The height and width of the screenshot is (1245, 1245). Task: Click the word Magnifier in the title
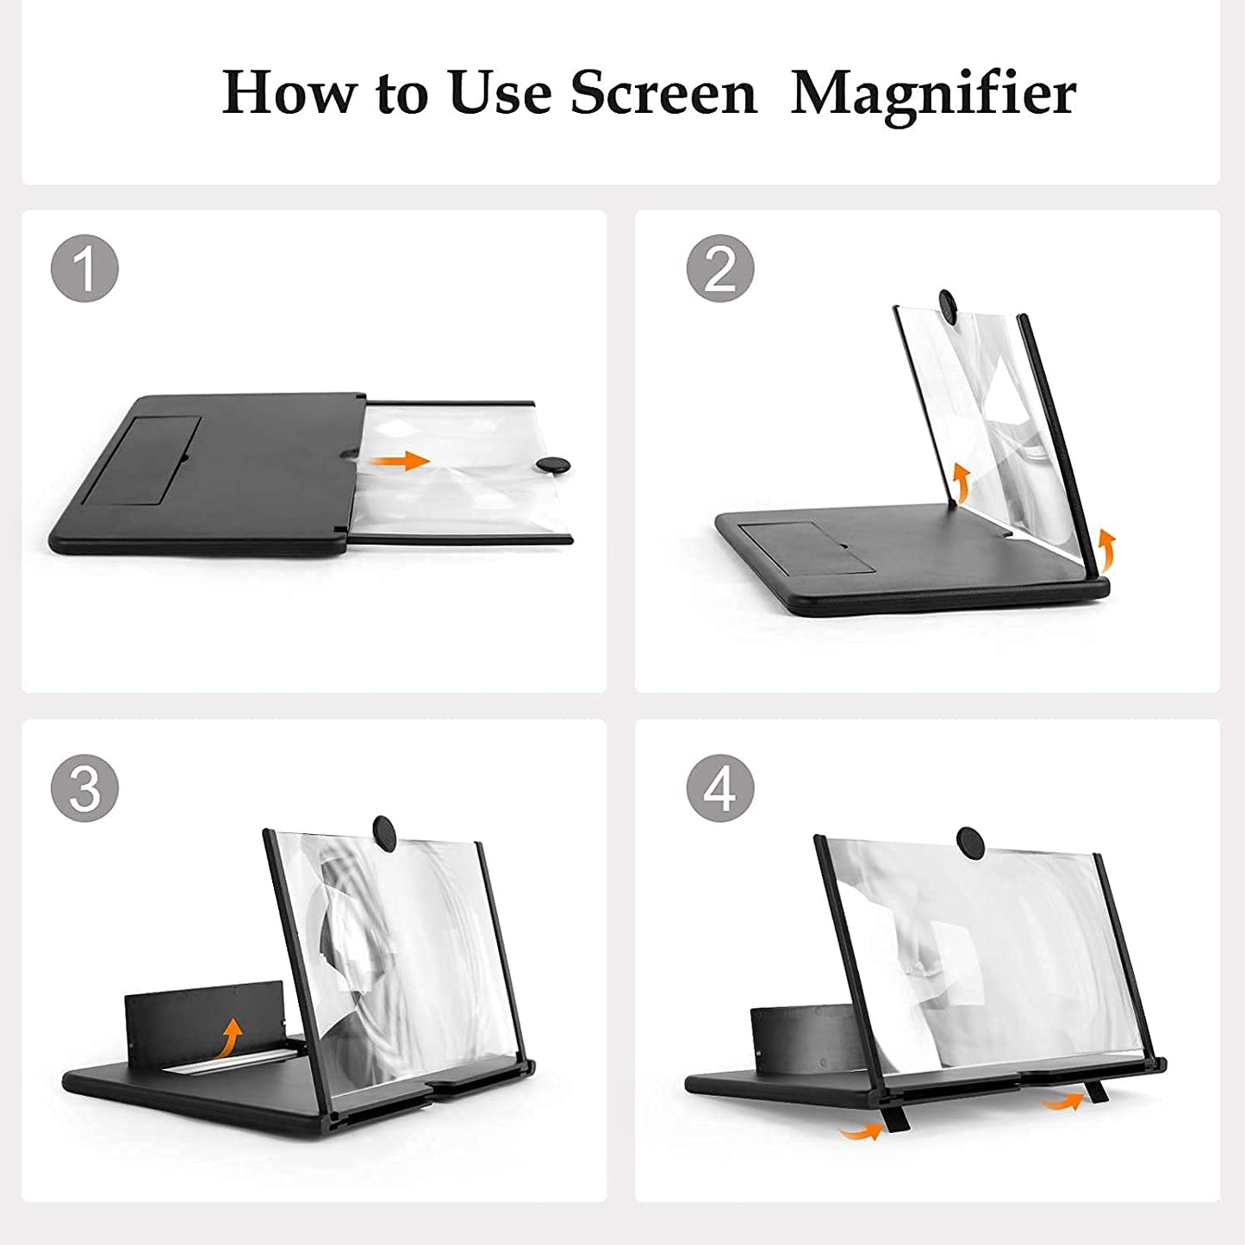tap(932, 93)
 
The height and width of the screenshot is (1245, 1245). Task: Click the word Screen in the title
tap(663, 92)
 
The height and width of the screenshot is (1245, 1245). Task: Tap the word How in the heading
tap(289, 92)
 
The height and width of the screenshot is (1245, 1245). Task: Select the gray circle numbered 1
tap(84, 268)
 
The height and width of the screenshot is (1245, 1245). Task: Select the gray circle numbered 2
tap(720, 268)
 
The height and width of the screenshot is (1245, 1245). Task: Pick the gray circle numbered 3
tap(84, 787)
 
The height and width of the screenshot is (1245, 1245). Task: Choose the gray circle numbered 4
tap(720, 787)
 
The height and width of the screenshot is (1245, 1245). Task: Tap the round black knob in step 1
tap(552, 465)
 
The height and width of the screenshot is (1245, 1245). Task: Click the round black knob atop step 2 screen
tap(950, 307)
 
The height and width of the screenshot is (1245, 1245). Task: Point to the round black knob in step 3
tap(385, 832)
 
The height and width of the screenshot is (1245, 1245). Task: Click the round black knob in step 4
tap(971, 843)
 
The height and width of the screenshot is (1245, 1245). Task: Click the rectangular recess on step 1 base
tap(142, 461)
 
